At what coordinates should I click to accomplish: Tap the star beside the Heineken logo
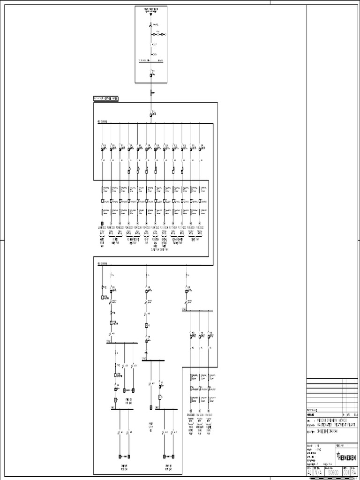337,453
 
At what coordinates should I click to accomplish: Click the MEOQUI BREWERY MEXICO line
332,420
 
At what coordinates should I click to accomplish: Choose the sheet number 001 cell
346,472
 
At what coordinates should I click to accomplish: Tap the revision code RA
354,472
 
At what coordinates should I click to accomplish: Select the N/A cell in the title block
319,472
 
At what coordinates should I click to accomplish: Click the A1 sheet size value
309,472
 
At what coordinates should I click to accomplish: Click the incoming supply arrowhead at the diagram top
151,15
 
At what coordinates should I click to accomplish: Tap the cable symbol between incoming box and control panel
151,93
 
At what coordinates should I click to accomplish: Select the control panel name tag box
106,99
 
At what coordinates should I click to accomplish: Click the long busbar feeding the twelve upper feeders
155,124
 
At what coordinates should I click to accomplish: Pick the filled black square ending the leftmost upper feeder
102,223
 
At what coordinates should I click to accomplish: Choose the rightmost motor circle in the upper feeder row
200,223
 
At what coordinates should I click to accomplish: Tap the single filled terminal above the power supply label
151,407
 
